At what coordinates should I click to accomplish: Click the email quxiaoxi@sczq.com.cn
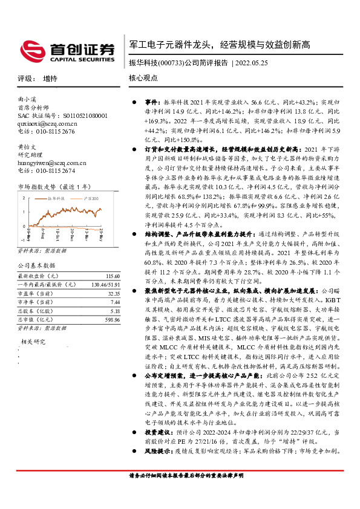click(x=47, y=122)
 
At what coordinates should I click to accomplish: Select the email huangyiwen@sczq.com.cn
click(x=53, y=163)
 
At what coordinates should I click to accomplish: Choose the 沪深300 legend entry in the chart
click(x=88, y=197)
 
